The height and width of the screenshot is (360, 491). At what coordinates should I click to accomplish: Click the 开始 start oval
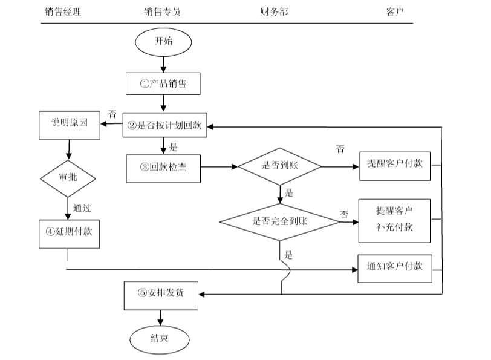(163, 42)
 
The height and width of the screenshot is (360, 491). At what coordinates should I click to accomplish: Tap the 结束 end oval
(160, 339)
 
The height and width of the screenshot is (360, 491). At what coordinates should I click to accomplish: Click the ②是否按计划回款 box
(165, 125)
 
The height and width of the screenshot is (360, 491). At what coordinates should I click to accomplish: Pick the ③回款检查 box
(163, 167)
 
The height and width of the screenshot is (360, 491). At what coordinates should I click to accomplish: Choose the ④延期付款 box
(69, 233)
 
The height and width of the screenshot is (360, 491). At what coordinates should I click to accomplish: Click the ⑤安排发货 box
(161, 294)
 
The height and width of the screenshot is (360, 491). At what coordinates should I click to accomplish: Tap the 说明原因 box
(69, 125)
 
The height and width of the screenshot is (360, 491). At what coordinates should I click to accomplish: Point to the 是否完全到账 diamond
(279, 221)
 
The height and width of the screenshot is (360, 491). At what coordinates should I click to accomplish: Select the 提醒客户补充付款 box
(394, 219)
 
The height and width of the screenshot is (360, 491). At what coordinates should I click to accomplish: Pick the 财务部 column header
(274, 11)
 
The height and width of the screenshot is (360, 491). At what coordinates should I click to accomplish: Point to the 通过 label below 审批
(82, 208)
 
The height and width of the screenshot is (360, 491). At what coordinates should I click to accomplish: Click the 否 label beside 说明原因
(112, 113)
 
